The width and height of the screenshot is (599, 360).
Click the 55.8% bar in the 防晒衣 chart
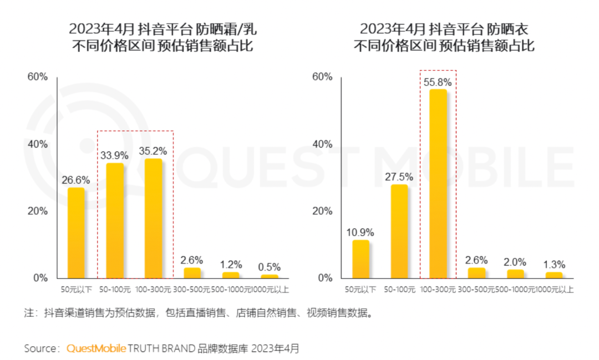438,184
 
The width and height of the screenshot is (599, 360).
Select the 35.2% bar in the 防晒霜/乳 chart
154,218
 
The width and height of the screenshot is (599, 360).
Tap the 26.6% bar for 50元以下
76,232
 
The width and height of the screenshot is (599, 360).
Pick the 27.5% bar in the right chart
399,231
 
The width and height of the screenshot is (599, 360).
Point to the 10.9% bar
361,258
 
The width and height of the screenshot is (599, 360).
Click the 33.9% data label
115,155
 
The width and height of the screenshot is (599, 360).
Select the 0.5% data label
270,266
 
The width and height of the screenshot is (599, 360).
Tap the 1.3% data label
554,263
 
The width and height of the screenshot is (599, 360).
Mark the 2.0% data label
515,261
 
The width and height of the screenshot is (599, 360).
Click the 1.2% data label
231,263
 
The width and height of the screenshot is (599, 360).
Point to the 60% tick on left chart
38,77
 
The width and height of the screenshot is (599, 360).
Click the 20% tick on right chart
322,211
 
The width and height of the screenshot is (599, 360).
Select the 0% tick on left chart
40,277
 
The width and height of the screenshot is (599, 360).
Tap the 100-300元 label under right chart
438,290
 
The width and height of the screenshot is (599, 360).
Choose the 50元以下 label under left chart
76,290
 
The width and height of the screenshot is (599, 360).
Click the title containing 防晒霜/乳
163,37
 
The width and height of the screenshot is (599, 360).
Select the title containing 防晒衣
444,37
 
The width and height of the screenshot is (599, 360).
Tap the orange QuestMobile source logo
97,348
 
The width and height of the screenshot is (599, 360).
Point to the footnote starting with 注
198,313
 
